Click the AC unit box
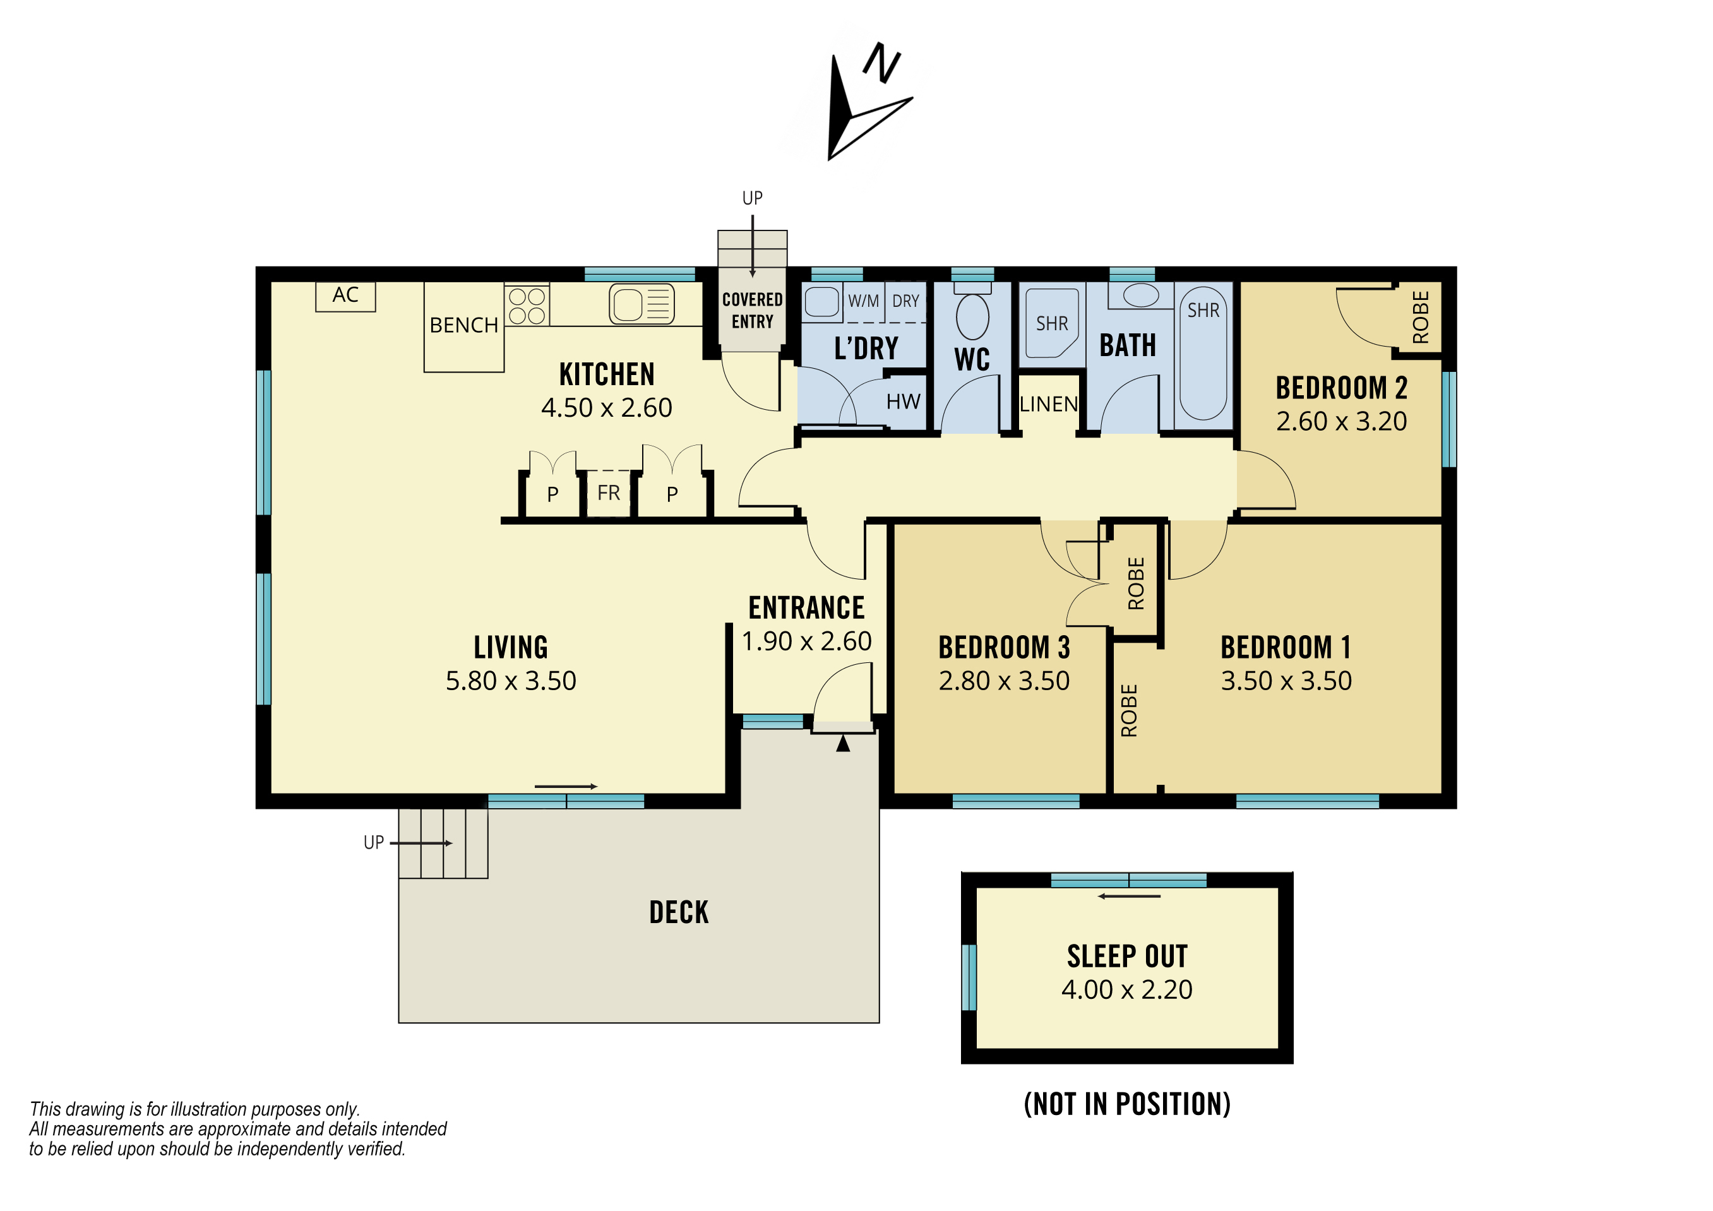345,296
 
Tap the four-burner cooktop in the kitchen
527,305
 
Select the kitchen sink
642,304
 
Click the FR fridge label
609,492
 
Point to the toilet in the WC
972,311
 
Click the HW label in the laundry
903,402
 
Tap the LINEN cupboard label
1048,405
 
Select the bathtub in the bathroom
1203,354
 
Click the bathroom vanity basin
1141,295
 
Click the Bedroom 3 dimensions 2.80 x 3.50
1004,681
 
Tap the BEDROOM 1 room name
1286,647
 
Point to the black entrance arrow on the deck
843,743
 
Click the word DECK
679,912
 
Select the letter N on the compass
882,63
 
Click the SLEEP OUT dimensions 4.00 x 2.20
1126,989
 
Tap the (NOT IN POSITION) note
1126,1104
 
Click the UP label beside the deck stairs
374,842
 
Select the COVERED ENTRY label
752,311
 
